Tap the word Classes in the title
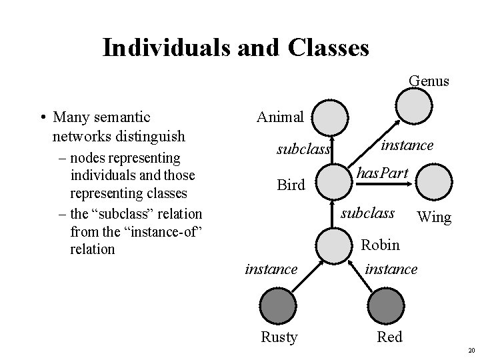(x=327, y=47)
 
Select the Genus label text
(x=429, y=81)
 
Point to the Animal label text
(x=280, y=117)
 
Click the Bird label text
(x=291, y=185)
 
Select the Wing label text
(x=433, y=217)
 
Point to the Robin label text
(x=380, y=245)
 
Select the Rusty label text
(x=279, y=337)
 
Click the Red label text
(x=390, y=337)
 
